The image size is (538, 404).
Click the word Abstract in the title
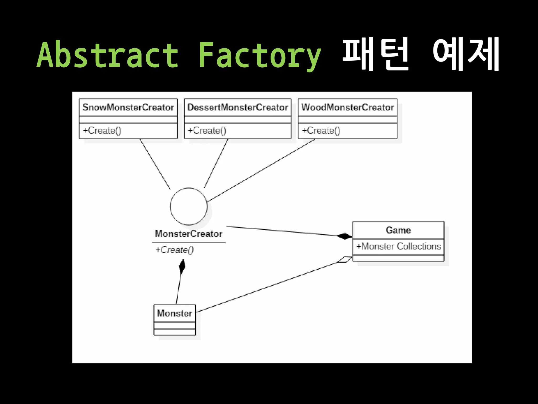(x=108, y=55)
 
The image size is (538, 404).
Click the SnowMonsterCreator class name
(x=128, y=107)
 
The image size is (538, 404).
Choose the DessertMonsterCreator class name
(x=238, y=107)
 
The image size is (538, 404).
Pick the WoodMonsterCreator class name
(x=348, y=107)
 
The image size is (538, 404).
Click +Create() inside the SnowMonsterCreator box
(x=102, y=130)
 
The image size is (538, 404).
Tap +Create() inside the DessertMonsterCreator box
(x=207, y=130)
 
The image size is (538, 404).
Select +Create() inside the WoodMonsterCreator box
(x=321, y=130)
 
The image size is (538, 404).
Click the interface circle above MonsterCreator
(x=188, y=206)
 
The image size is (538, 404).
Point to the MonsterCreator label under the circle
(x=189, y=234)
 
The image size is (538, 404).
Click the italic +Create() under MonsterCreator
(x=175, y=250)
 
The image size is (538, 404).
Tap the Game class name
(x=398, y=230)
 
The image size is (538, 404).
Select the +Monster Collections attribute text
(x=399, y=246)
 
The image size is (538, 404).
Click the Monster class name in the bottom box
(x=175, y=313)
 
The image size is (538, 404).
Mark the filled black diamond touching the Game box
(x=344, y=236)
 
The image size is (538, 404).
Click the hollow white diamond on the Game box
(x=345, y=259)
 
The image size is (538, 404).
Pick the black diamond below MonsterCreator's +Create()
(x=182, y=266)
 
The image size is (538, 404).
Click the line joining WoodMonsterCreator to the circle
(x=261, y=170)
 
